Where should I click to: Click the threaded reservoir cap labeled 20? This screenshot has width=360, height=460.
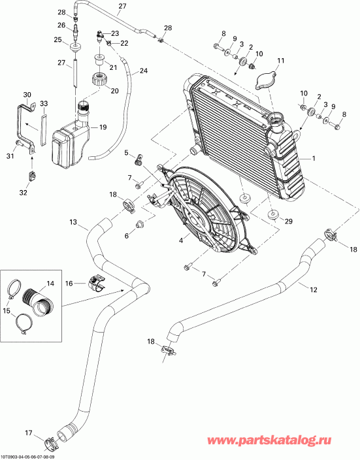click(x=102, y=82)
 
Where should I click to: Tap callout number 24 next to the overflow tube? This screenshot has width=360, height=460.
click(x=144, y=71)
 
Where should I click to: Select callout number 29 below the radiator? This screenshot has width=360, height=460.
click(x=289, y=222)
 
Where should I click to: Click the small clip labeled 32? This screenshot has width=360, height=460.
click(x=31, y=176)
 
